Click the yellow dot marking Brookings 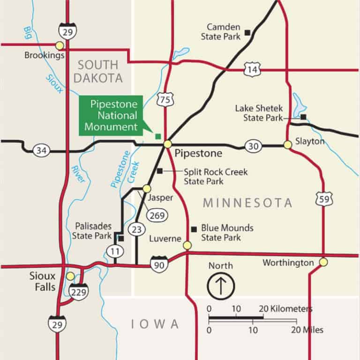[x=60, y=45]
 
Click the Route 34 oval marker [x=41, y=150]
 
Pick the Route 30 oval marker [x=253, y=146]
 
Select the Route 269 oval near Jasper [x=154, y=215]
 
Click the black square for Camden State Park [x=247, y=32]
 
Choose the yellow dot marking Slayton [x=288, y=145]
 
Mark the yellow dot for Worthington [x=323, y=262]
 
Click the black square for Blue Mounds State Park [x=194, y=229]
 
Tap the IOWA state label [x=155, y=324]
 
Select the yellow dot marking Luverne [x=187, y=245]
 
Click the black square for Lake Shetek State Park [x=304, y=117]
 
